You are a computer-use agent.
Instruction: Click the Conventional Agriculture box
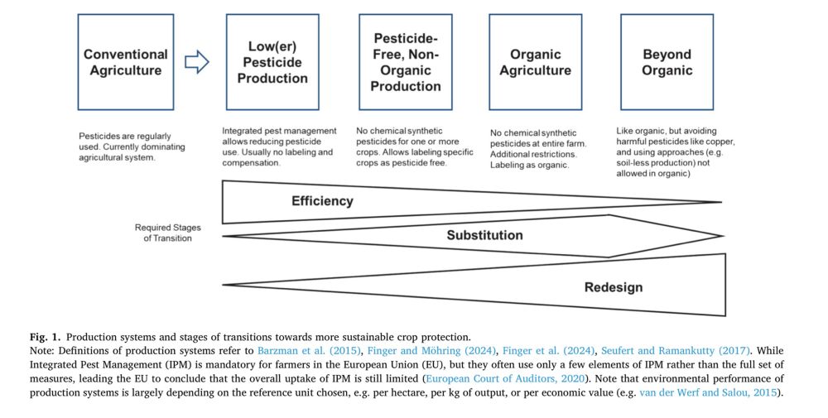coord(126,62)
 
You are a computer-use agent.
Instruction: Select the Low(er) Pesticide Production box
coord(272,62)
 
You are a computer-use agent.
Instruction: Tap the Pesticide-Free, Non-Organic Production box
coord(406,62)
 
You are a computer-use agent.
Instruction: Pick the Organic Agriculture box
coord(535,62)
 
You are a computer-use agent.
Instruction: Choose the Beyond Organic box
coord(667,62)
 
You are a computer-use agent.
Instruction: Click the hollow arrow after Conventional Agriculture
coord(196,62)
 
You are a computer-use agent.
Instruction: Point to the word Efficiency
coord(322,201)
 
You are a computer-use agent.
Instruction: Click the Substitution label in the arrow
coord(484,235)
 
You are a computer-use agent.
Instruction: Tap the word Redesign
coord(614,287)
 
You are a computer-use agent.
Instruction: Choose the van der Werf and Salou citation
coord(708,392)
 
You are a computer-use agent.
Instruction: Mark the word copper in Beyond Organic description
coord(705,142)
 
